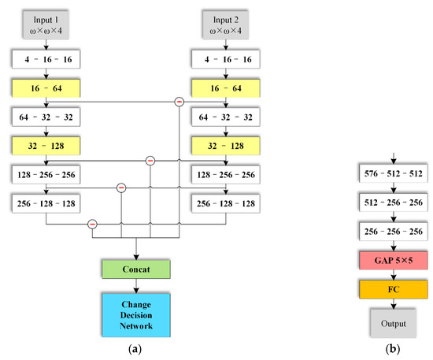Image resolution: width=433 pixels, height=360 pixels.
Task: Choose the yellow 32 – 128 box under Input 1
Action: coord(46,146)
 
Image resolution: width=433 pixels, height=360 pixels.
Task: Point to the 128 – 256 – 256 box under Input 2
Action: coord(226,173)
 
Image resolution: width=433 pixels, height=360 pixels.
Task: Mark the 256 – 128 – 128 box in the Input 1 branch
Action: coord(46,202)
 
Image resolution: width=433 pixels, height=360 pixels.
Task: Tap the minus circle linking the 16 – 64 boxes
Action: coord(179,102)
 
